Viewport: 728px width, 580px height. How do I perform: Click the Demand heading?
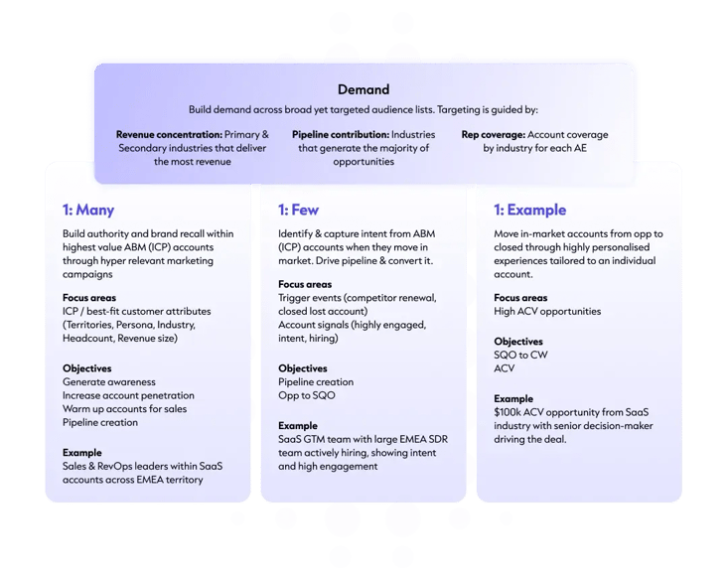pos(364,89)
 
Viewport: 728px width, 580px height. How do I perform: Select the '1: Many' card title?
pos(88,210)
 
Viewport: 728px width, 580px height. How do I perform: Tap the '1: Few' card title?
pos(299,210)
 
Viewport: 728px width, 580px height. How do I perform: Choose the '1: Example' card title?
pos(529,210)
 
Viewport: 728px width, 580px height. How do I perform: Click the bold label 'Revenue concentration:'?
pos(169,135)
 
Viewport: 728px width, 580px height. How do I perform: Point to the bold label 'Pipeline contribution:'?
pos(341,135)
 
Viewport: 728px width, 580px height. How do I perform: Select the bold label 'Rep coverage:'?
pos(493,135)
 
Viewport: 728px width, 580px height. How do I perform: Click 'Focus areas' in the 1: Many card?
pos(89,298)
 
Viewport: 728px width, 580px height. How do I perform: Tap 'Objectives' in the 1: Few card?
pos(303,368)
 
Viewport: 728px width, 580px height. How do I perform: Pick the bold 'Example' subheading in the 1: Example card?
pos(513,398)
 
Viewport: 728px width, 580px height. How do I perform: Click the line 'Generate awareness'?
pos(109,381)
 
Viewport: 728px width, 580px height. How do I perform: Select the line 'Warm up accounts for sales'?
pos(124,408)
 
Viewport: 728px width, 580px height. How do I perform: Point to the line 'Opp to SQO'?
pos(307,395)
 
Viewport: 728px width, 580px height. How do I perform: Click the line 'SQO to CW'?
pos(520,355)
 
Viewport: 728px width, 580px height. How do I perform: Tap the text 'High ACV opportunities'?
pos(547,311)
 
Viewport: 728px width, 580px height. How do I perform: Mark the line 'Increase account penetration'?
pos(128,395)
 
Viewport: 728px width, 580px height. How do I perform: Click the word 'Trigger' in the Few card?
pos(293,298)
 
